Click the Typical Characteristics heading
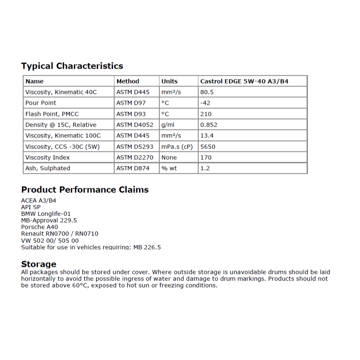(72, 66)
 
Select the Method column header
(128, 82)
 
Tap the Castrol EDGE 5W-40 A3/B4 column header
(244, 82)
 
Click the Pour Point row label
(41, 103)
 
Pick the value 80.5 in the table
(207, 92)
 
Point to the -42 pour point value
(206, 103)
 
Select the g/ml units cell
(169, 125)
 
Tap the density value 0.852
(209, 125)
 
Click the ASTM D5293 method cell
(134, 146)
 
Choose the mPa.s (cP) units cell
(177, 146)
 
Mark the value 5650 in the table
(208, 146)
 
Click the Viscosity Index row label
(48, 157)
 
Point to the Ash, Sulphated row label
(48, 168)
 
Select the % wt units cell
(169, 168)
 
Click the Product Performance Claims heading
(85, 190)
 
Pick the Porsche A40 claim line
(40, 227)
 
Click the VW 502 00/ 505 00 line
(50, 240)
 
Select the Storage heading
(38, 264)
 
